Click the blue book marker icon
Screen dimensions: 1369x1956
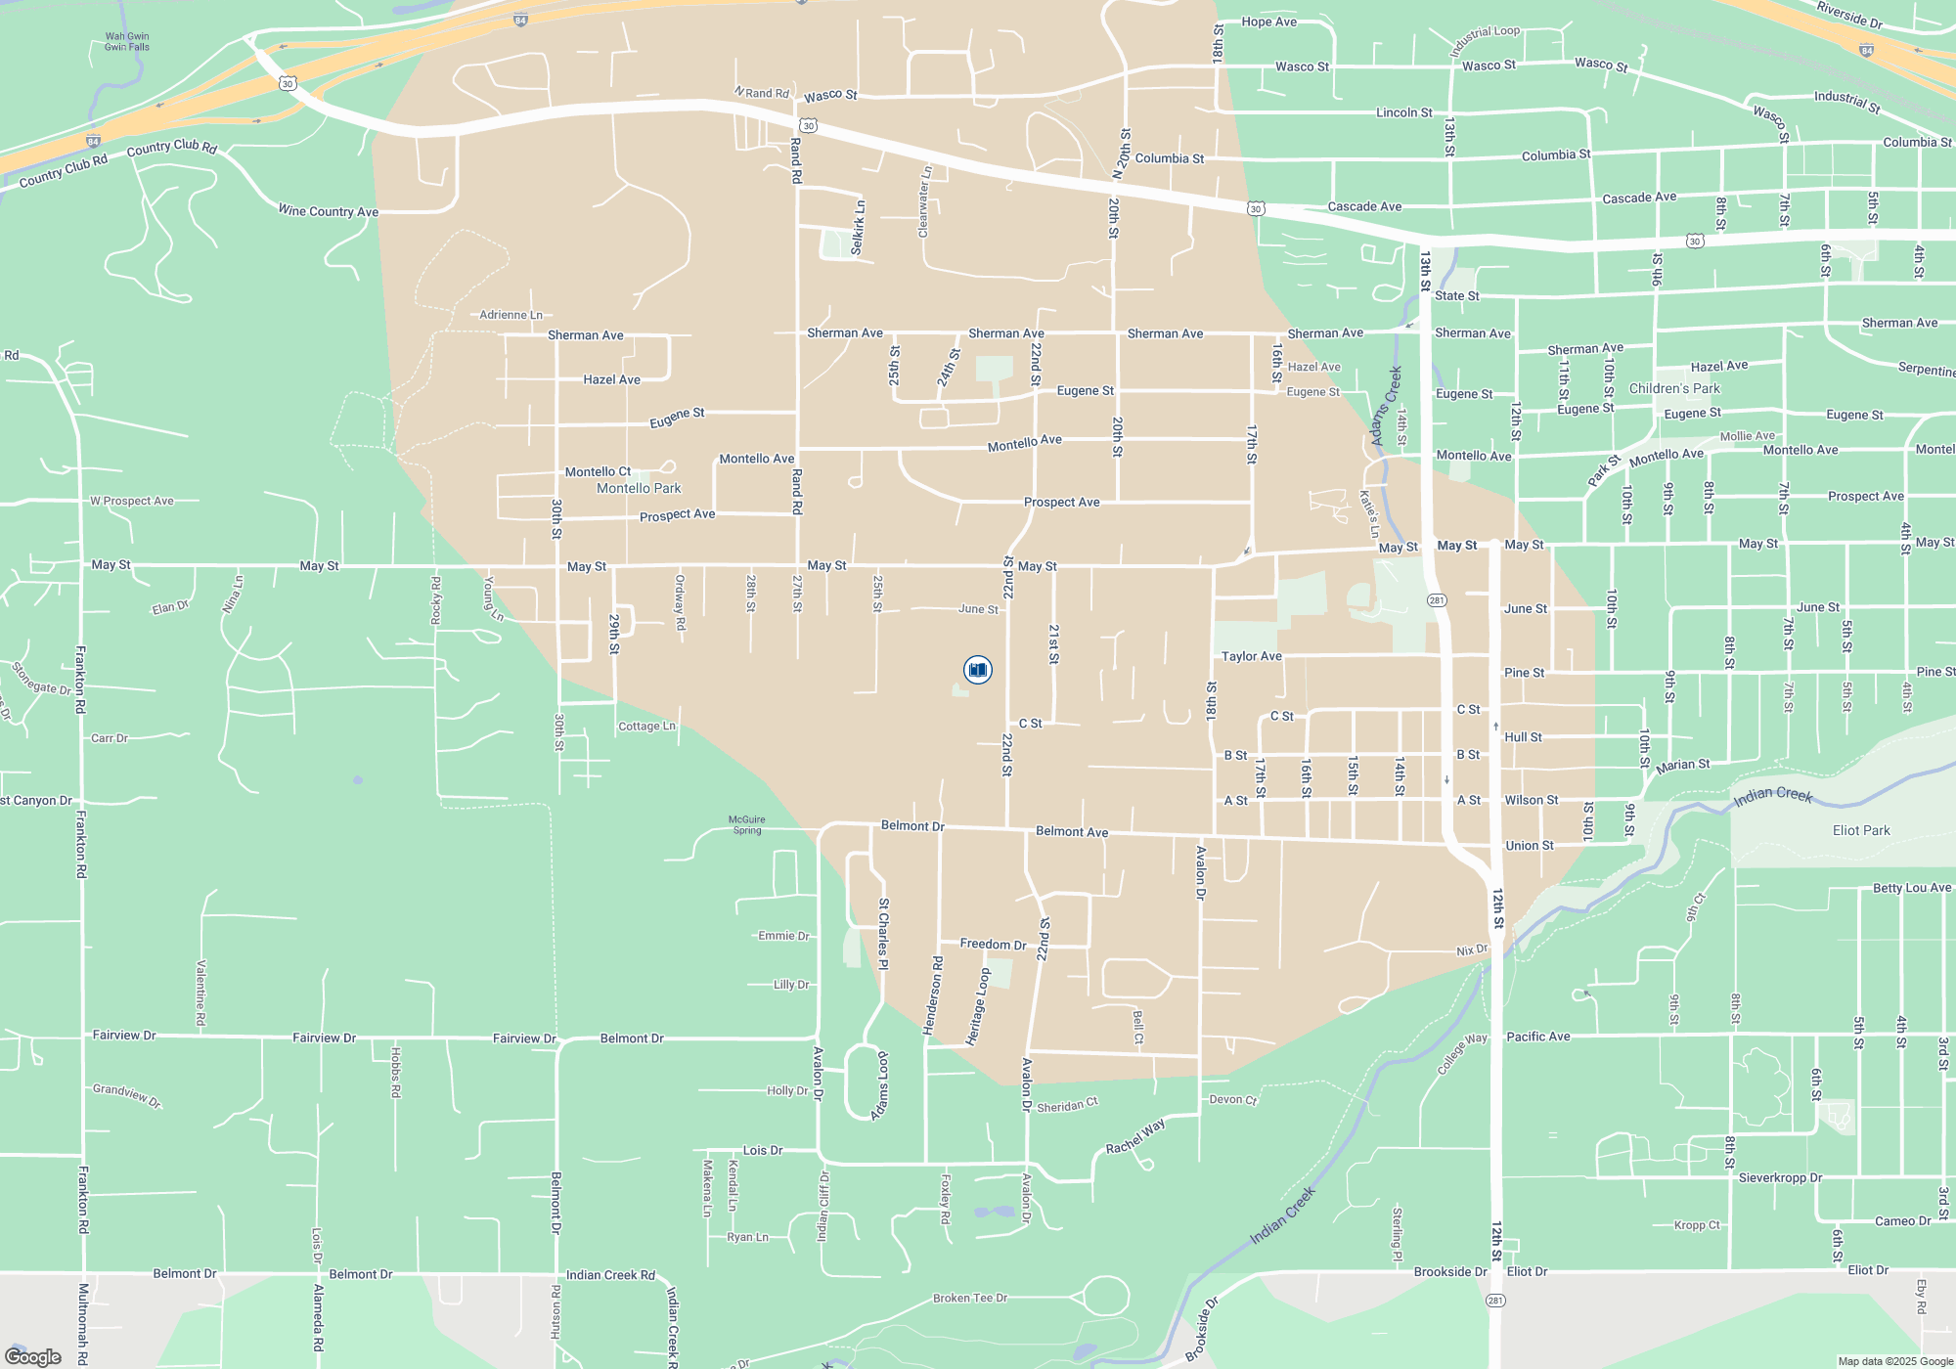click(977, 670)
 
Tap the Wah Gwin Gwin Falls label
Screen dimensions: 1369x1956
click(127, 42)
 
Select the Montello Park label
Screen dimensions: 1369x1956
click(639, 489)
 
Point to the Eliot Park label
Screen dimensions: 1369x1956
click(1861, 831)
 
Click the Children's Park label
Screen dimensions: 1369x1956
click(1674, 389)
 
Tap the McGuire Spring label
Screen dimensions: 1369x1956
click(747, 825)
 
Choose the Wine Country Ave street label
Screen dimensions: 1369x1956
click(328, 211)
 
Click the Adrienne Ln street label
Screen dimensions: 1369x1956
click(511, 315)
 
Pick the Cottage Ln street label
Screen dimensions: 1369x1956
click(646, 727)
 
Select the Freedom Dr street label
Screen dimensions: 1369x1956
click(993, 945)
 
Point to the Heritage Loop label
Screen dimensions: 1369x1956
click(978, 1007)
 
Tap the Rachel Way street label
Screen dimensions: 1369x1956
click(1135, 1136)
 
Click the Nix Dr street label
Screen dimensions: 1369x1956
click(1472, 950)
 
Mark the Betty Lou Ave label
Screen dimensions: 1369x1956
click(1912, 888)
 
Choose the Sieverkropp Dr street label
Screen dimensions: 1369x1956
click(1780, 1178)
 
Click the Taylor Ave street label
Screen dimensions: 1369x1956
click(1251, 657)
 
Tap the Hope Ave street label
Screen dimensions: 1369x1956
click(1268, 22)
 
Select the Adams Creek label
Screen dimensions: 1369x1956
click(1386, 406)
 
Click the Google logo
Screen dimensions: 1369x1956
click(33, 1357)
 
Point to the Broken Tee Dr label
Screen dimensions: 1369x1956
click(969, 1299)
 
